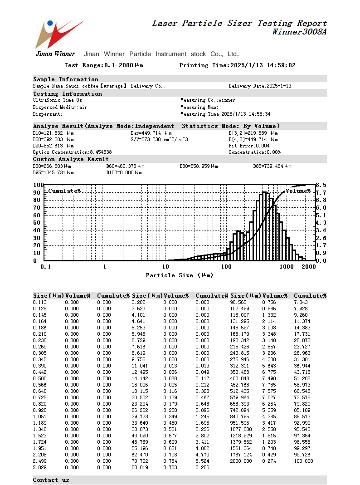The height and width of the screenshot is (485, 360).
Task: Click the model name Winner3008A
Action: click(x=299, y=32)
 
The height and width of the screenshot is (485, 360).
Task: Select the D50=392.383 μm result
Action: click(x=54, y=139)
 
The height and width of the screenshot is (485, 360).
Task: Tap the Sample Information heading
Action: click(x=66, y=79)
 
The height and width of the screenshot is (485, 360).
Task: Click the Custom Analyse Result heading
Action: click(x=71, y=159)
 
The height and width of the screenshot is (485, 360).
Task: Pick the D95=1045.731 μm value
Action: click(x=54, y=172)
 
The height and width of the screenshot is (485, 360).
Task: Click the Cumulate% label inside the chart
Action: click(x=64, y=191)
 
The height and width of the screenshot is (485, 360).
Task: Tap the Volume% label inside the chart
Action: click(x=298, y=191)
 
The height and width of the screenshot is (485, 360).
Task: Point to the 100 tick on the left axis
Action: click(x=38, y=185)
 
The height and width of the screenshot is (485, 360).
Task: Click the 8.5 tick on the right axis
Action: click(x=321, y=185)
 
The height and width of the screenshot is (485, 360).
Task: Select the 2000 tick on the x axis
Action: click(x=308, y=267)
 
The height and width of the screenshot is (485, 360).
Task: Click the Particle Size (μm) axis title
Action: click(x=179, y=275)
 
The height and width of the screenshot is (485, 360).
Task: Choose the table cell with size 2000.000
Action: click(x=241, y=461)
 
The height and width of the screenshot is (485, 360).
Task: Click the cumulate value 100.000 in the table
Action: click(x=303, y=461)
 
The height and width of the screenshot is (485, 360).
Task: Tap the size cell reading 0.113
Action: click(x=40, y=302)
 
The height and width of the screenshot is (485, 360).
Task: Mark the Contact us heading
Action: click(x=51, y=480)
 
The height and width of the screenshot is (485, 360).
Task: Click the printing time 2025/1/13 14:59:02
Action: click(x=263, y=65)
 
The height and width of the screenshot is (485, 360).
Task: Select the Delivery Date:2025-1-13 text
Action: click(x=260, y=86)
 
